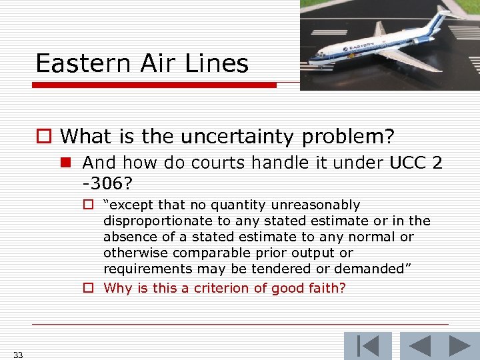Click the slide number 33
[18, 355]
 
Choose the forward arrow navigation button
[461, 345]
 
